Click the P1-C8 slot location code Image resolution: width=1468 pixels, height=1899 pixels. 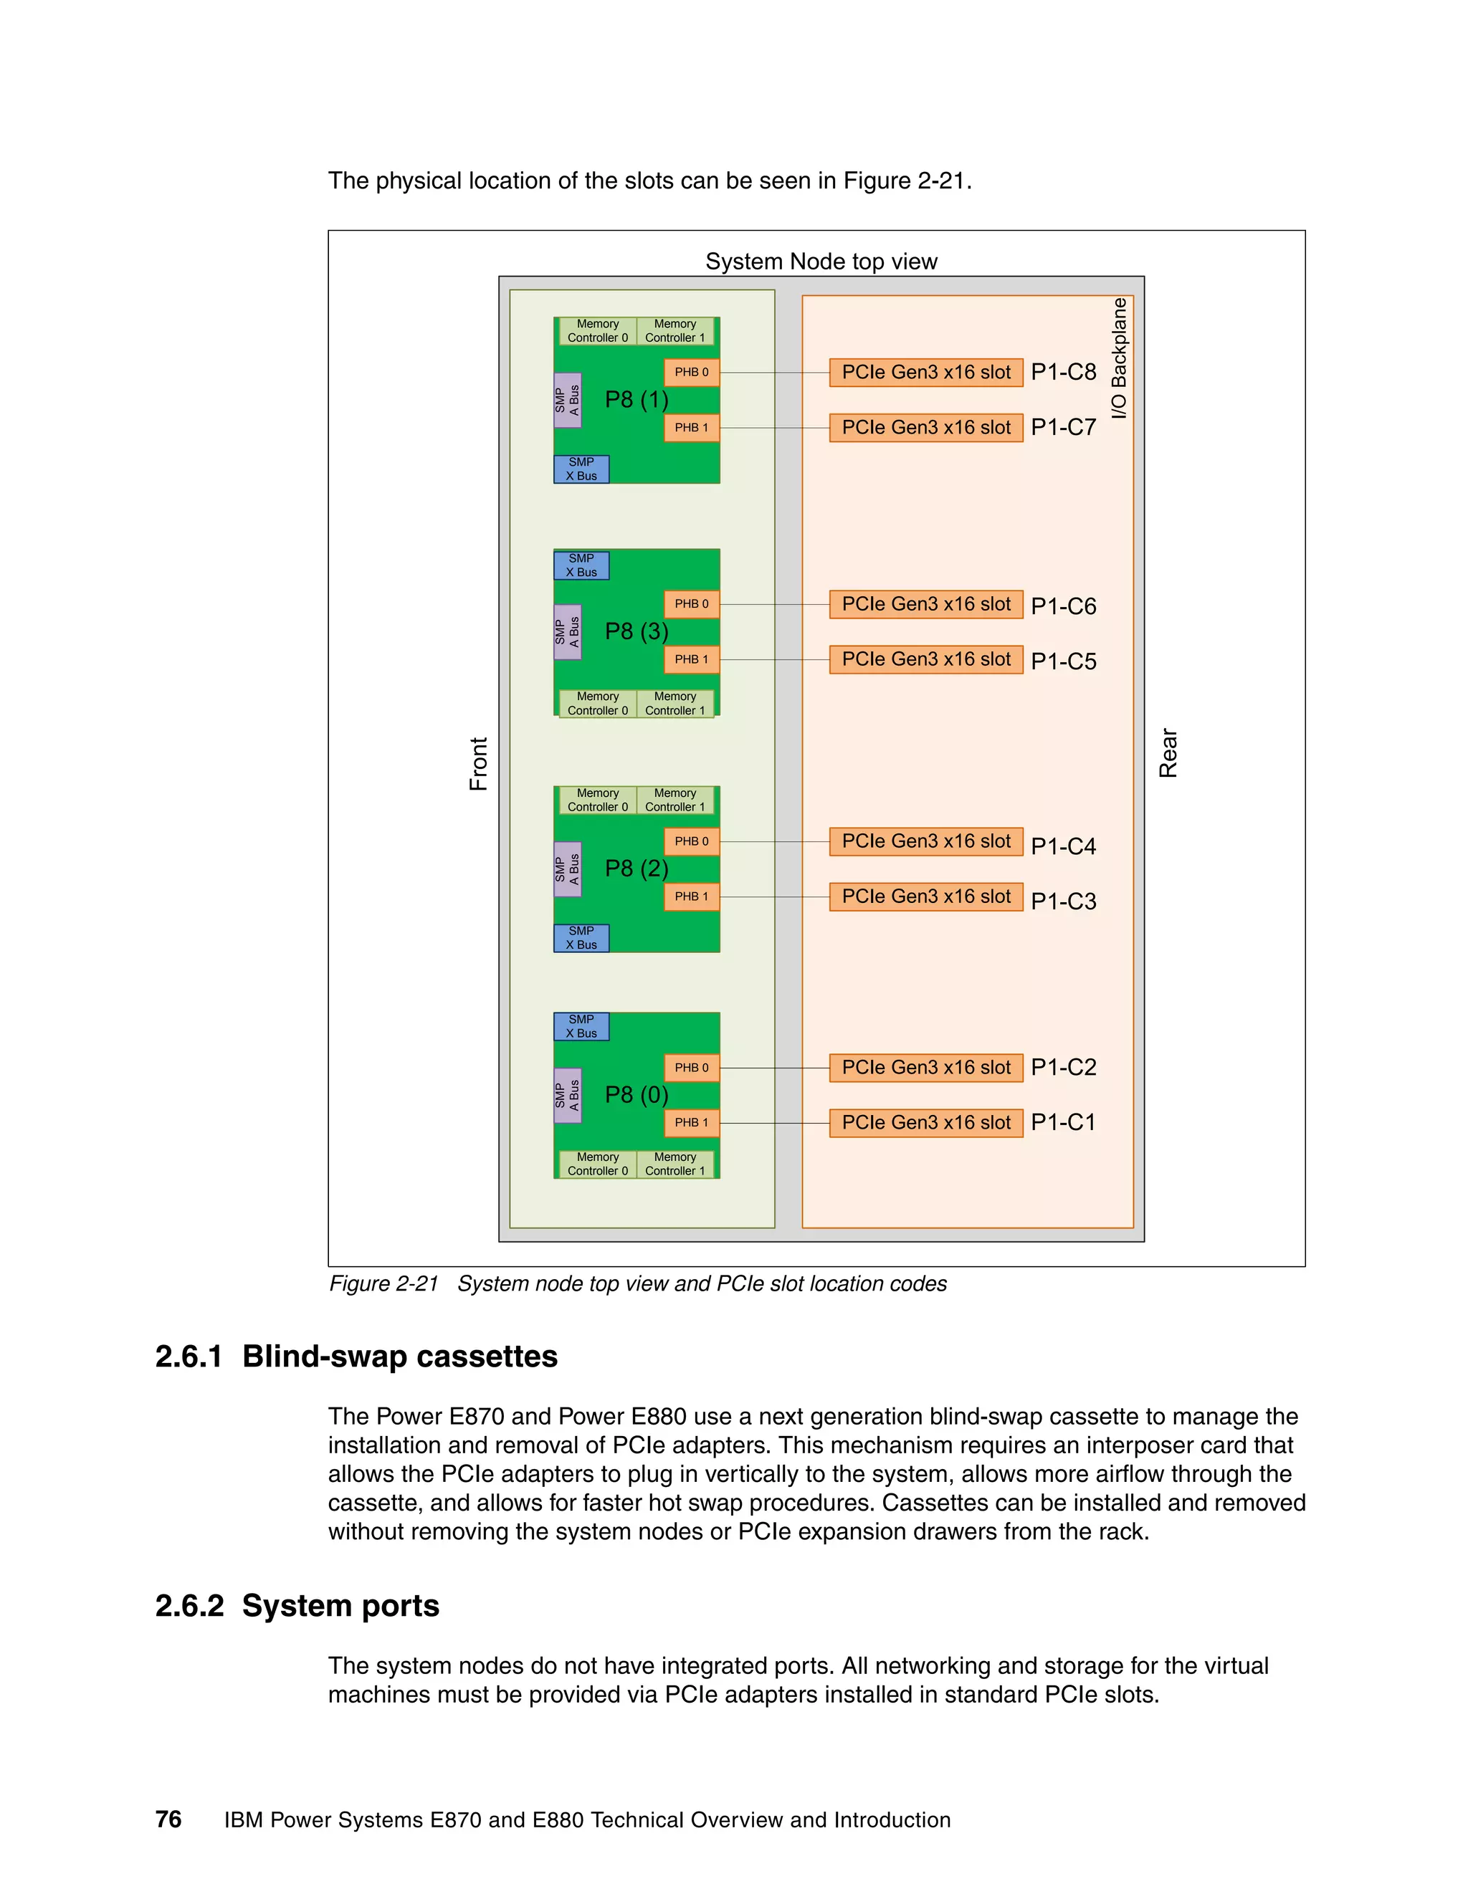[x=1063, y=372]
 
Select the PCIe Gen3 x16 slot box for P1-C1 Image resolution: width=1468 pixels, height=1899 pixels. [x=925, y=1122]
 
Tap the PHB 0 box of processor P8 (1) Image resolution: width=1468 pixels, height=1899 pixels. [x=692, y=372]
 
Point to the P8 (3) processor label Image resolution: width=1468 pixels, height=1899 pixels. [x=637, y=631]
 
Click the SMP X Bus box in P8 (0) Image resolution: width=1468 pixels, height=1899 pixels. [x=581, y=1026]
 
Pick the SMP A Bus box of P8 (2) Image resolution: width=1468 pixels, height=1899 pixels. [x=567, y=869]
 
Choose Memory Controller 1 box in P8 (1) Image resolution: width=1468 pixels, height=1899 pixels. [x=675, y=331]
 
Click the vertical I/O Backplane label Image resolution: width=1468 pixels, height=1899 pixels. [x=1119, y=358]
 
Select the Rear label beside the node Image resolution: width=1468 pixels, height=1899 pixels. [x=1168, y=753]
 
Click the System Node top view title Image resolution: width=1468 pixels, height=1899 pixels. [x=821, y=262]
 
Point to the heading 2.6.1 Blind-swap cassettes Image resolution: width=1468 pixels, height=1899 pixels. [x=356, y=1357]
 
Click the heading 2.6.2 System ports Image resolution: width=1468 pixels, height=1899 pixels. [x=297, y=1605]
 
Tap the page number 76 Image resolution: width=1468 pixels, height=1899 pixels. [x=168, y=1819]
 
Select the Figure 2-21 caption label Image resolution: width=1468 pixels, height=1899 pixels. [x=383, y=1283]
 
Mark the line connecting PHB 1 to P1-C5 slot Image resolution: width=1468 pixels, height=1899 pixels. [x=774, y=660]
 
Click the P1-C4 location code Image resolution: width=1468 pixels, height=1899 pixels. [x=1063, y=846]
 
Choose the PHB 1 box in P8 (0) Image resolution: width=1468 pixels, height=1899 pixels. [x=692, y=1122]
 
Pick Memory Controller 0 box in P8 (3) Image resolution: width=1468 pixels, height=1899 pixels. [x=598, y=704]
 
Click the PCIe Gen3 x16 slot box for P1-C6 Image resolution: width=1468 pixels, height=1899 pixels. [x=925, y=604]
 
